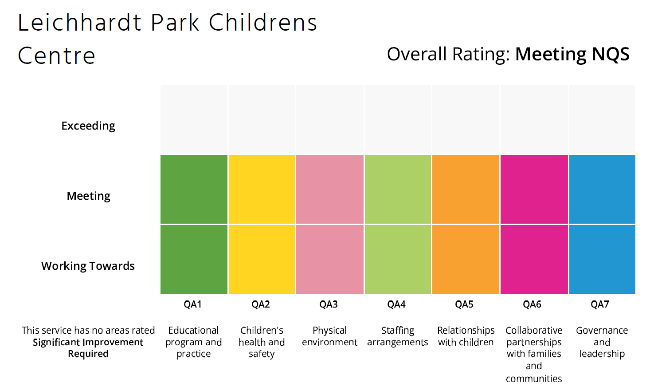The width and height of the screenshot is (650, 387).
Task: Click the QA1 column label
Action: point(192,304)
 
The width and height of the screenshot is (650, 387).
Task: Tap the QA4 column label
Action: point(396,304)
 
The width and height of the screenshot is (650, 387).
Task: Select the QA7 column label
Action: point(600,304)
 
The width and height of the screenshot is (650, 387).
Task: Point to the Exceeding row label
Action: point(88,126)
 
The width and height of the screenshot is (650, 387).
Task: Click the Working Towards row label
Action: point(88,266)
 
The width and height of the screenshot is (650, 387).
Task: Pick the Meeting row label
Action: point(89,196)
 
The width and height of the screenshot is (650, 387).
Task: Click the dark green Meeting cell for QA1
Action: point(194,189)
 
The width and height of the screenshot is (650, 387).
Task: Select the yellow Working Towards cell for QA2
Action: point(262,260)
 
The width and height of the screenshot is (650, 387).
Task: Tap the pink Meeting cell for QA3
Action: point(330,189)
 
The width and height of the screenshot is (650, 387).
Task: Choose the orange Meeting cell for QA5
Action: point(466,189)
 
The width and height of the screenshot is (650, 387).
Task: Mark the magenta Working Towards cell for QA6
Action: point(534,260)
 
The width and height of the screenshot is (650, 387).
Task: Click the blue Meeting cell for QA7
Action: point(602,189)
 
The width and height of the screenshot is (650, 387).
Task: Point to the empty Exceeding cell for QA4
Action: point(398,119)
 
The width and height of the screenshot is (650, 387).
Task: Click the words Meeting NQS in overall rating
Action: point(572,54)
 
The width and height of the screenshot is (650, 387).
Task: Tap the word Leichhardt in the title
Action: point(79,22)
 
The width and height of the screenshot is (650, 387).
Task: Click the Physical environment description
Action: point(329,336)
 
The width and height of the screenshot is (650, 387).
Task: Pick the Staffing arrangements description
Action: point(398,336)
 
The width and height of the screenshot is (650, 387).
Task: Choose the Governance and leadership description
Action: point(602,342)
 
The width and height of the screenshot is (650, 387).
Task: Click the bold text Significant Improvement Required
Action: point(88,348)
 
